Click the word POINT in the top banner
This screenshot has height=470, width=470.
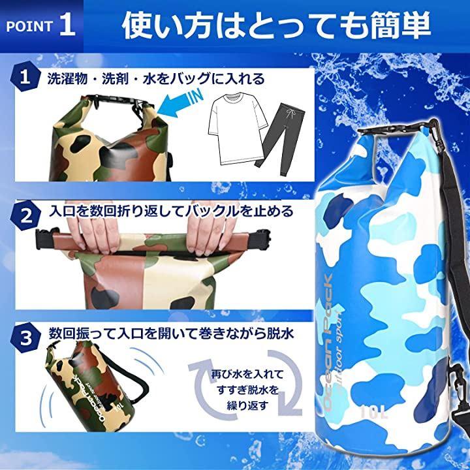[x=29, y=26]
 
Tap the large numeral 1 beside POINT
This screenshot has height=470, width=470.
[x=67, y=25]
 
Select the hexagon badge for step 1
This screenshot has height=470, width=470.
[x=25, y=77]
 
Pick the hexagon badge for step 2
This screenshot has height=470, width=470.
[x=25, y=215]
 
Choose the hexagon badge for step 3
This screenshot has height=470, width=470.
[x=25, y=338]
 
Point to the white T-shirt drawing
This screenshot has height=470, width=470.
[x=237, y=129]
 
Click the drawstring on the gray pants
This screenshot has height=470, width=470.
[x=289, y=114]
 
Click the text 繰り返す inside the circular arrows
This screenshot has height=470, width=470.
[x=247, y=405]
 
